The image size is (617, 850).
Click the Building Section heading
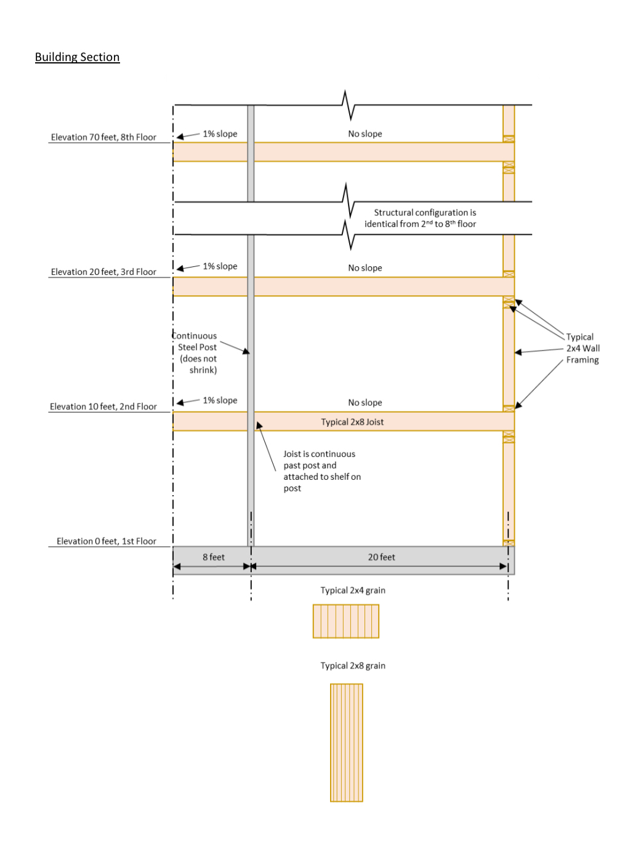point(77,57)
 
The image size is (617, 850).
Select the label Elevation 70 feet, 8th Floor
point(103,137)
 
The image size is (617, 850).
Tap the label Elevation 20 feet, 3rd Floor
point(103,272)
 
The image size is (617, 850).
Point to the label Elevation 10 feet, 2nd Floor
point(103,407)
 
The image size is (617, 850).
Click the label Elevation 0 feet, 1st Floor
point(106,541)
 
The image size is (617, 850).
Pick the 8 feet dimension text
point(214,557)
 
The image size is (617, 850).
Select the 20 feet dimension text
point(381,557)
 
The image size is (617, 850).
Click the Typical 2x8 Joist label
point(352,422)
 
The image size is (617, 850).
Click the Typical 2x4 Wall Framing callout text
point(582,348)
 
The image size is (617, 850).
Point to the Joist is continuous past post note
point(321,471)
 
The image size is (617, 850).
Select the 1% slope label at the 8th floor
point(220,134)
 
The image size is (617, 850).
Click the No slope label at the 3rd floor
point(365,268)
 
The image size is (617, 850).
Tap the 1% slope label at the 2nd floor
point(220,400)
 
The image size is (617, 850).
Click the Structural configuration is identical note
point(421,218)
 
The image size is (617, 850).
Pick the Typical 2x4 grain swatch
point(346,621)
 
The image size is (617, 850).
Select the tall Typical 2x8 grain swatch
point(347,742)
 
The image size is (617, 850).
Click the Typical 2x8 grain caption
point(353,665)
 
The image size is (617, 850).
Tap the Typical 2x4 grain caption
point(353,590)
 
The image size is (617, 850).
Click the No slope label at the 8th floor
point(365,134)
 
